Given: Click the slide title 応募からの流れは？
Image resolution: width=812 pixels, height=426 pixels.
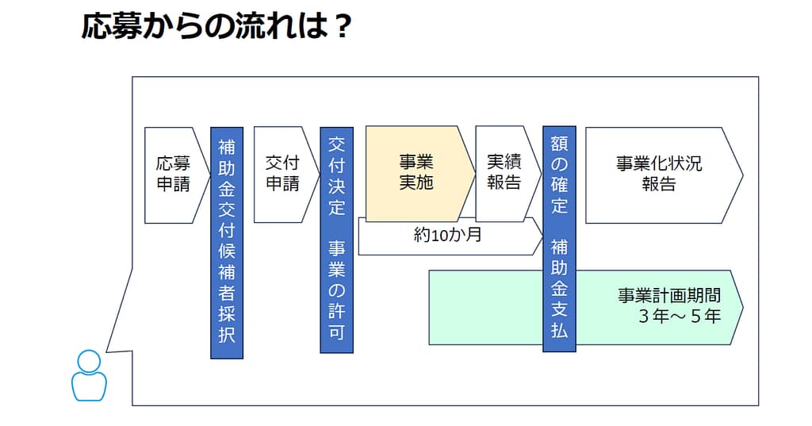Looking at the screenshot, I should pyautogui.click(x=216, y=27).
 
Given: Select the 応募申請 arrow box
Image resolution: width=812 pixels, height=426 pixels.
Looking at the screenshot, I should pyautogui.click(x=171, y=174).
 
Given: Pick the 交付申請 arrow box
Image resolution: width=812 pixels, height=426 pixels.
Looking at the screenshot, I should pyautogui.click(x=282, y=174).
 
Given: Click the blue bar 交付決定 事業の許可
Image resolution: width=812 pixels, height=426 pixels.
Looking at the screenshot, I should pyautogui.click(x=336, y=240).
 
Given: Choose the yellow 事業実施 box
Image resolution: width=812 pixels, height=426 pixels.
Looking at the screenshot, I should pyautogui.click(x=414, y=173).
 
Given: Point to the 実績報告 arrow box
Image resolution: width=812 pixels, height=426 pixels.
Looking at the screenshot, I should pyautogui.click(x=503, y=173).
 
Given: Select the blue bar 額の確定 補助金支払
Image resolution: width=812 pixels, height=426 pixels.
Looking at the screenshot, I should pyautogui.click(x=559, y=237).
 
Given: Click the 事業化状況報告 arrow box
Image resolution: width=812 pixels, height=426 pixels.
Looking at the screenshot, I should pyautogui.click(x=658, y=174).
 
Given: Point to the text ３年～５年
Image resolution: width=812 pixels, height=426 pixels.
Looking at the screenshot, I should pyautogui.click(x=679, y=316).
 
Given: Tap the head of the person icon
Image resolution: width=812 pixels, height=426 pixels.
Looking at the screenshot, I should pyautogui.click(x=89, y=361).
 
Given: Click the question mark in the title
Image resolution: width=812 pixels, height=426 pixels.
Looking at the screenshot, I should pyautogui.click(x=341, y=27).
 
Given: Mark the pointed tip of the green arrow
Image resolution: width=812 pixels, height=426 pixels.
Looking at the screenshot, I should pyautogui.click(x=741, y=307).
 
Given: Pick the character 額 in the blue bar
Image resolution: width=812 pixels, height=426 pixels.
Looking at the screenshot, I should pyautogui.click(x=559, y=144).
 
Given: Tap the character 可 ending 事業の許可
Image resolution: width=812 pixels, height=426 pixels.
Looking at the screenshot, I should pyautogui.click(x=336, y=333).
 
